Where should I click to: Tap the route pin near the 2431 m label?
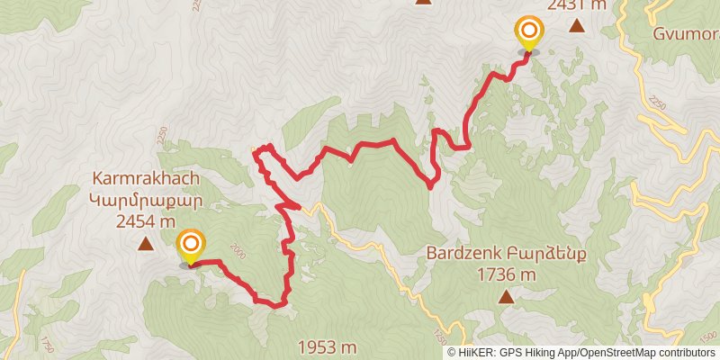(528, 33)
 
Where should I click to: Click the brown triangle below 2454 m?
(145, 243)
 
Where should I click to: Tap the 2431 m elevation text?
(576, 4)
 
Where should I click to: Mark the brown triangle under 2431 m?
(576, 26)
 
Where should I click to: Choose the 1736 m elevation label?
(507, 274)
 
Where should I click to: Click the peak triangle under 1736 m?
(507, 296)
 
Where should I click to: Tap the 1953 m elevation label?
(326, 346)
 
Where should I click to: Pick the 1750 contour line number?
(45, 345)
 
